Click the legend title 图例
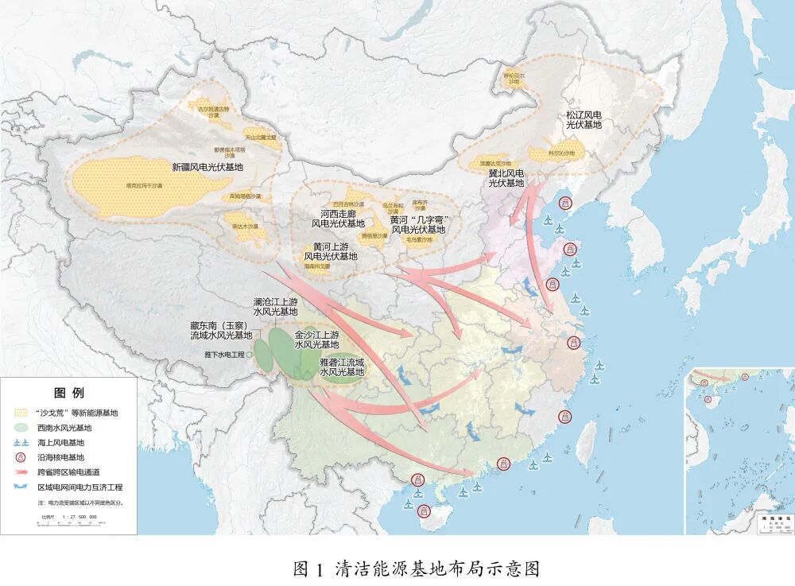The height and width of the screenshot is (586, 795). (68, 393)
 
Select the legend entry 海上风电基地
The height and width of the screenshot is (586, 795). (60, 442)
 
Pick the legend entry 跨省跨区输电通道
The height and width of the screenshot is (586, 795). (68, 472)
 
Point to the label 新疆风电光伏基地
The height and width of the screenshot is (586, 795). (207, 168)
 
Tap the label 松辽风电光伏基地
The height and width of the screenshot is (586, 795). (584, 120)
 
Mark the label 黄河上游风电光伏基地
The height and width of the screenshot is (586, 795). (331, 251)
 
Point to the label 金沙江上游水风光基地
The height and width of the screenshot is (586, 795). (316, 340)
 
